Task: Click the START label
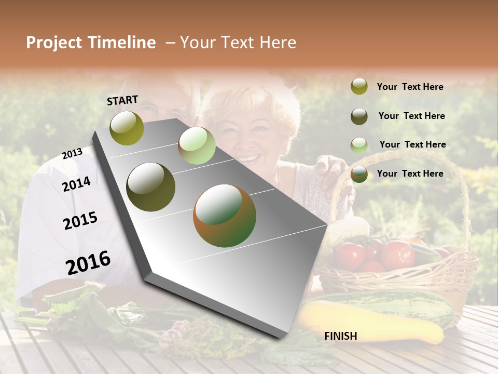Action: click(122, 100)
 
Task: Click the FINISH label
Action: click(340, 336)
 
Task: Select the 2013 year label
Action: click(72, 154)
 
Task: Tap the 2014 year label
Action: click(76, 184)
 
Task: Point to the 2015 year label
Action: click(80, 221)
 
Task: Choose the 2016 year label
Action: click(88, 263)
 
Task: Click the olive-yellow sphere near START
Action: click(127, 128)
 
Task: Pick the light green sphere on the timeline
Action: click(197, 145)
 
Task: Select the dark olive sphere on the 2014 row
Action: click(151, 187)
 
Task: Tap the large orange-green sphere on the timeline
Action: click(225, 216)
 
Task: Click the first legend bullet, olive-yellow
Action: click(359, 87)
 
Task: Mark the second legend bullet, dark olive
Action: click(359, 116)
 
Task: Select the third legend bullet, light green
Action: click(359, 145)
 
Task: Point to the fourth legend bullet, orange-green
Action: click(359, 174)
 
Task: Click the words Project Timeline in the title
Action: click(91, 43)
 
